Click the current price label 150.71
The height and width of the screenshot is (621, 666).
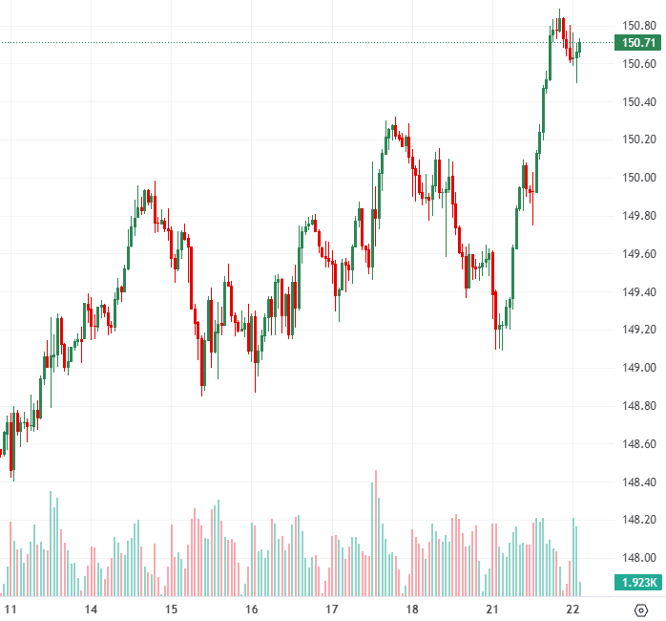click(638, 43)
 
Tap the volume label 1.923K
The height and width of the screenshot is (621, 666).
click(638, 581)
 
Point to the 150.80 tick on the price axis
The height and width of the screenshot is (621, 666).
click(638, 26)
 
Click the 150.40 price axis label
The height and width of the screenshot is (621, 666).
click(638, 102)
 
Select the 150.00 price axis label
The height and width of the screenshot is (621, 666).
click(638, 178)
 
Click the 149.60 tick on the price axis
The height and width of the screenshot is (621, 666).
click(638, 254)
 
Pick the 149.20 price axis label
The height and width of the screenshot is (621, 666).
click(638, 330)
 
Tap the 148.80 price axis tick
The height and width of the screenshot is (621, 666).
click(638, 406)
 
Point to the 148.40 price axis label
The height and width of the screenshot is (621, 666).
click(638, 482)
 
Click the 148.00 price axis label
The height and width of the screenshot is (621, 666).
click(638, 558)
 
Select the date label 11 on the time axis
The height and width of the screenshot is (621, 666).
click(11, 609)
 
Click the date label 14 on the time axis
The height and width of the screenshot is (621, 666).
click(91, 609)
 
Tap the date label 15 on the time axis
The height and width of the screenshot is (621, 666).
click(172, 609)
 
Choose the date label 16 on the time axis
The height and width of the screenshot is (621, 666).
click(252, 609)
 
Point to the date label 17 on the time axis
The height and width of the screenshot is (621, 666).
click(332, 609)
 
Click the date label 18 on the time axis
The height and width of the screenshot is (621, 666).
click(412, 609)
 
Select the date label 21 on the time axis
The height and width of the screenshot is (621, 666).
click(492, 609)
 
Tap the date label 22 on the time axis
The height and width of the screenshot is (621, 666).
click(572, 609)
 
